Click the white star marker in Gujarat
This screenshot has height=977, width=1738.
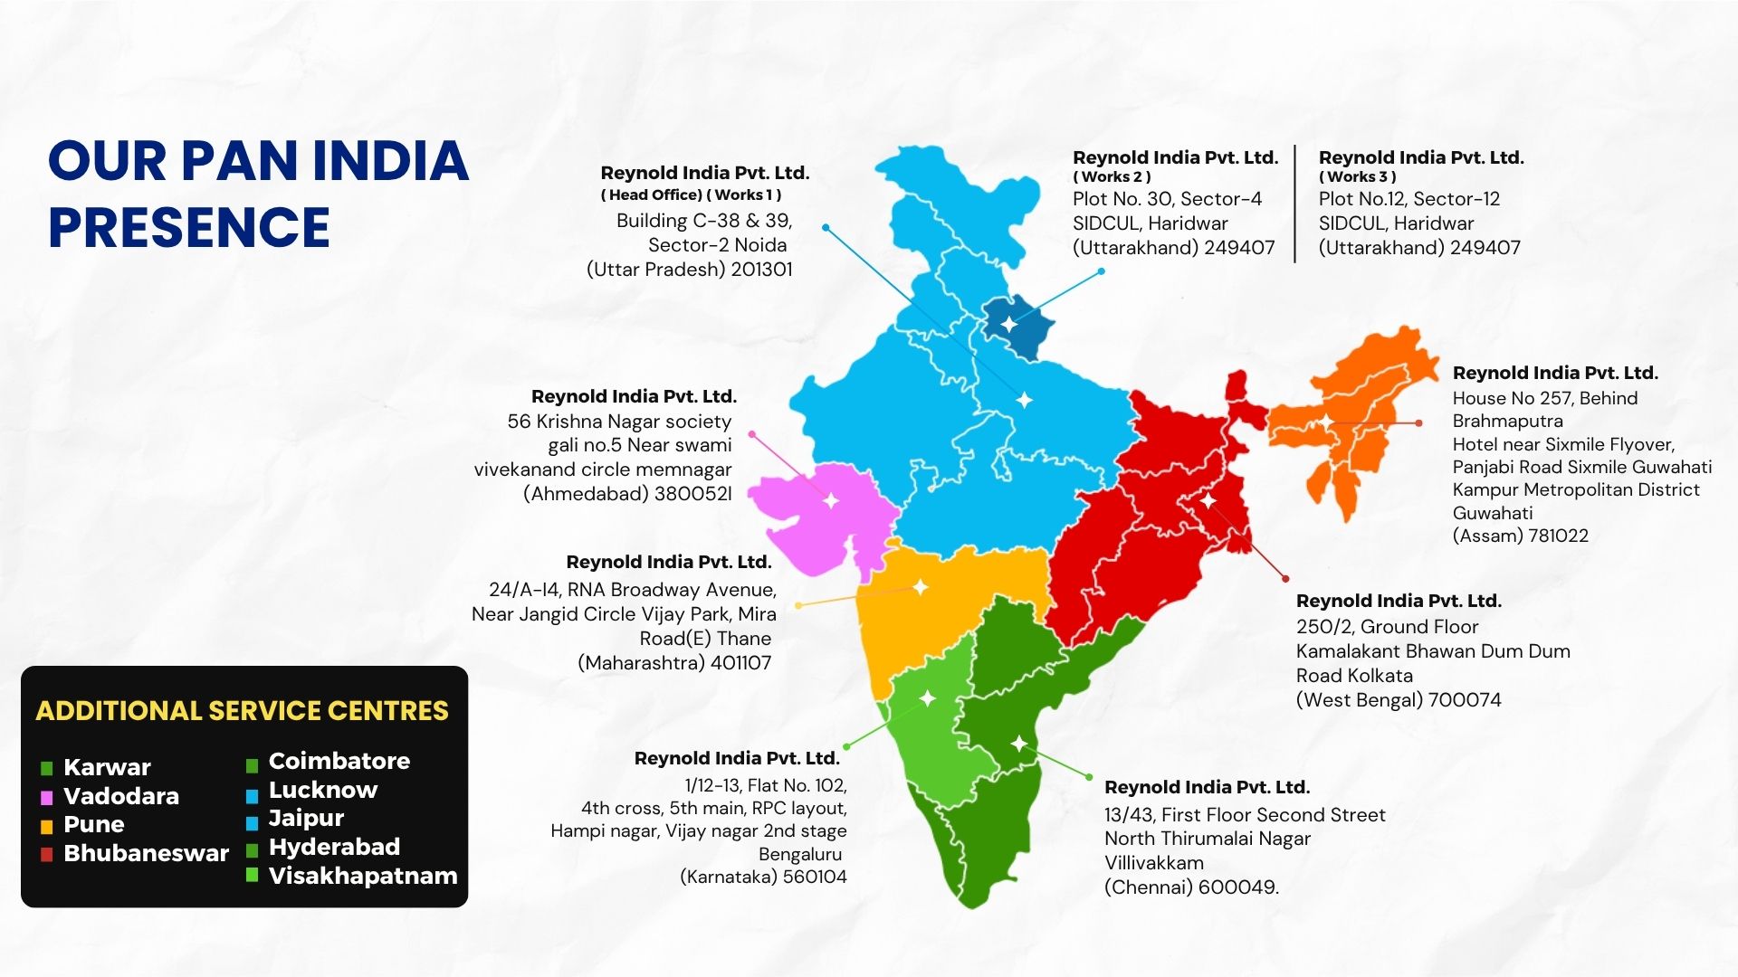point(830,500)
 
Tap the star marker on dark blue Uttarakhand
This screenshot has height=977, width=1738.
point(1009,324)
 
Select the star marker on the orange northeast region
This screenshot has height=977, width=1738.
point(1325,422)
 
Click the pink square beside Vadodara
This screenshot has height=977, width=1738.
point(47,798)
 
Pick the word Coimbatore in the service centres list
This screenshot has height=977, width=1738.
point(339,761)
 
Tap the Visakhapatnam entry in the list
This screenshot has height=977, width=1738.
point(363,876)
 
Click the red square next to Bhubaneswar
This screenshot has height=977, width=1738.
point(47,855)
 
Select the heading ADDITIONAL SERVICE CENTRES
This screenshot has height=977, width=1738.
point(242,711)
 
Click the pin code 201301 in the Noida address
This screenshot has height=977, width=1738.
point(761,270)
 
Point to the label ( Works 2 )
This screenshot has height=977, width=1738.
point(1112,177)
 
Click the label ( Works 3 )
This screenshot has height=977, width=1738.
point(1357,177)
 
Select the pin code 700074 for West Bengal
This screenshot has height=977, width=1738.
point(1464,700)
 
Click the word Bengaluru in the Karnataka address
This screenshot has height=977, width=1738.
point(800,854)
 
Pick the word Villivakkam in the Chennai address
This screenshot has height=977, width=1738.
point(1154,863)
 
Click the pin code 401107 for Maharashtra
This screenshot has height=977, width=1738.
point(740,663)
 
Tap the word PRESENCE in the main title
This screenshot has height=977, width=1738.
point(189,227)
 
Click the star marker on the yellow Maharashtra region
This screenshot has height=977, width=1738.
point(920,587)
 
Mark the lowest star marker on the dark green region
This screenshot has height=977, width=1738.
point(1019,744)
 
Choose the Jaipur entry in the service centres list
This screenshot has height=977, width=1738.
point(306,819)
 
